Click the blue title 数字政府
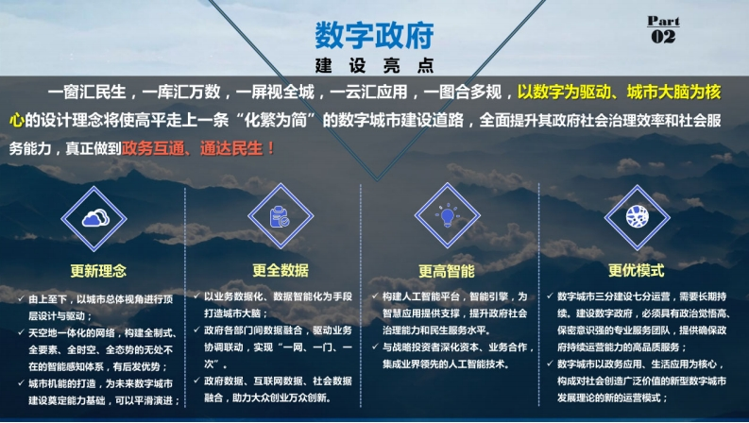pyautogui.click(x=374, y=35)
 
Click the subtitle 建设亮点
pyautogui.click(x=374, y=65)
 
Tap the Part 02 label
pyautogui.click(x=663, y=29)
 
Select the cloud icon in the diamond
pyautogui.click(x=95, y=218)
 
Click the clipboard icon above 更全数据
pyautogui.click(x=280, y=216)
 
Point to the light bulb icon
pyautogui.click(x=447, y=216)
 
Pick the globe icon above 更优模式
pyautogui.click(x=638, y=216)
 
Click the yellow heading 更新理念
pyautogui.click(x=98, y=271)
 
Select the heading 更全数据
pyautogui.click(x=281, y=270)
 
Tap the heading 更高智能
pyautogui.click(x=447, y=271)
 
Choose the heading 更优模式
pyautogui.click(x=637, y=270)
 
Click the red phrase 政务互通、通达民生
pyautogui.click(x=193, y=148)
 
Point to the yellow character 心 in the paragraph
pyautogui.click(x=17, y=120)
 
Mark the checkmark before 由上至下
pyautogui.click(x=21, y=299)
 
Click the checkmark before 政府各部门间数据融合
pyautogui.click(x=196, y=330)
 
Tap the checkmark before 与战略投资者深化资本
pyautogui.click(x=375, y=347)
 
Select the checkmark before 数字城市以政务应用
pyautogui.click(x=550, y=364)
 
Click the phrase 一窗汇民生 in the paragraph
pyautogui.click(x=87, y=92)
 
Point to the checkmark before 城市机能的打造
pyautogui.click(x=21, y=383)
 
